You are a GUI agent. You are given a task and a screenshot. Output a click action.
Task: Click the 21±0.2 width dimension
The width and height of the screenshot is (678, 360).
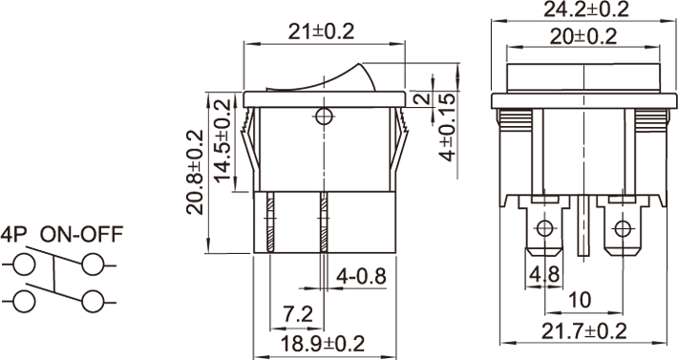pos(321,32)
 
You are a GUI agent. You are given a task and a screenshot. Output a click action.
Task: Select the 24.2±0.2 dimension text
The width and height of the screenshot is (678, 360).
pos(586,10)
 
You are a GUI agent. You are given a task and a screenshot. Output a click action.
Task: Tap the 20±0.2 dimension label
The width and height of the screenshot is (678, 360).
pos(583,36)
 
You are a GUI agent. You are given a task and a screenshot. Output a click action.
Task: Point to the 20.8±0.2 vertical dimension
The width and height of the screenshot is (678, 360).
pos(195,172)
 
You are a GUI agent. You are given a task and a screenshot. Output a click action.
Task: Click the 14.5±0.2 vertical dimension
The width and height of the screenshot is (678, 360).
pos(223,141)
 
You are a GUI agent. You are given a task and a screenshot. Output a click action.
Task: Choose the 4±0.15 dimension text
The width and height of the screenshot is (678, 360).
pos(448,126)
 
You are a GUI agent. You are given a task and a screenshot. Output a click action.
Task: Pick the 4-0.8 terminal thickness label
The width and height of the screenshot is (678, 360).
pos(362,276)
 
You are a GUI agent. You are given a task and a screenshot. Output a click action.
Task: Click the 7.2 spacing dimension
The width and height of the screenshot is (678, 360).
pos(298,314)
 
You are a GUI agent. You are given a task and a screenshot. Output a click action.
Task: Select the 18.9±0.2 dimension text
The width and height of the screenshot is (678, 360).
pos(323,344)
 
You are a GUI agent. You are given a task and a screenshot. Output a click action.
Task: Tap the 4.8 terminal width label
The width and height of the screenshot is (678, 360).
pos(545,274)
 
